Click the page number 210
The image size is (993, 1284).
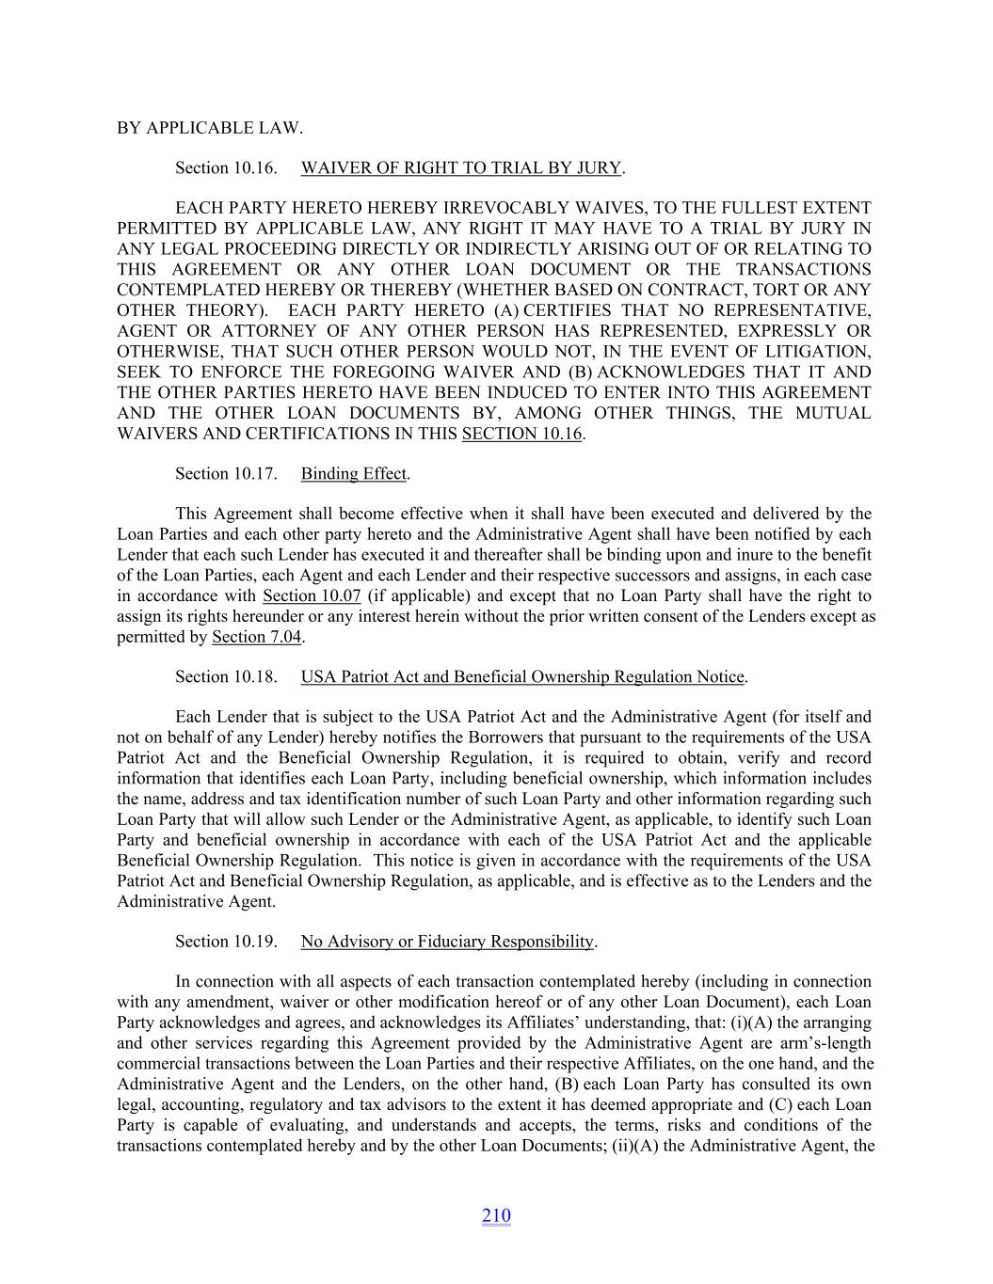point(496,1216)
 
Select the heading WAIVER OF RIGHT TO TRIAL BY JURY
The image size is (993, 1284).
point(461,168)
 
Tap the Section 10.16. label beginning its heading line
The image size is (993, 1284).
point(226,168)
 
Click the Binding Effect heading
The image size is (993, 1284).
point(354,474)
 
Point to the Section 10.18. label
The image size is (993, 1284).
point(226,677)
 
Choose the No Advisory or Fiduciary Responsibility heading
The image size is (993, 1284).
point(447,942)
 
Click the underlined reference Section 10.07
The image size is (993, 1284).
point(312,596)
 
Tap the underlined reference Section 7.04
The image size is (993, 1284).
point(256,637)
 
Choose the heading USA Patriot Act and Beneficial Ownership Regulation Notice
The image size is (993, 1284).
point(522,677)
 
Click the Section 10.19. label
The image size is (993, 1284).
point(226,942)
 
